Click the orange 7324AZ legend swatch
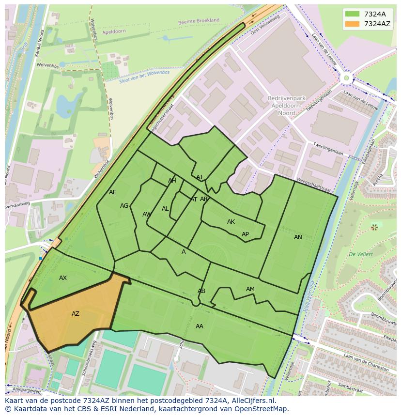tap(352, 24)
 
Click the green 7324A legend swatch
tap(352, 14)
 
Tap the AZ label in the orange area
tap(76, 314)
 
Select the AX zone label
tap(63, 278)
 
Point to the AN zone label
tap(298, 237)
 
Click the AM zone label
tap(250, 289)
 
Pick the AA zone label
tap(200, 326)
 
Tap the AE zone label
tap(113, 192)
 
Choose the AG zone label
tap(124, 206)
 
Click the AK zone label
tap(231, 222)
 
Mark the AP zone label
tap(245, 234)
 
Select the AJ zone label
tap(200, 177)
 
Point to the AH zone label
tap(172, 181)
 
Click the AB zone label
tap(201, 291)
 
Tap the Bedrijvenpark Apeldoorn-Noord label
tap(285, 105)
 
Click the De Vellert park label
tap(360, 254)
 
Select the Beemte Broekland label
tap(199, 21)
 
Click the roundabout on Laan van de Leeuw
tap(346, 77)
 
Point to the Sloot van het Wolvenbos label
tap(145, 76)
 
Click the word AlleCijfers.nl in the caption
tap(251, 401)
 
